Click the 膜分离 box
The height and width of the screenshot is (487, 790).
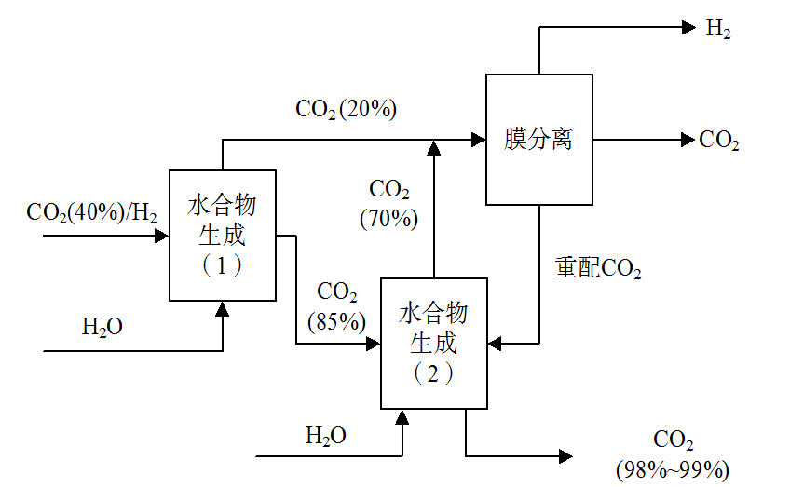coord(539,140)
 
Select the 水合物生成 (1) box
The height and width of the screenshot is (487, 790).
coord(222,235)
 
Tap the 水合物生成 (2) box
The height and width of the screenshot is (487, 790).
coord(434,343)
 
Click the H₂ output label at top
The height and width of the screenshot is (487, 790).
coord(717,28)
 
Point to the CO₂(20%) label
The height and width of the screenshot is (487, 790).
coord(347,109)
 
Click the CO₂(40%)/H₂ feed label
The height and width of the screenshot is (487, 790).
coord(91,212)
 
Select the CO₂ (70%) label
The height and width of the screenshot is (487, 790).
coord(389,204)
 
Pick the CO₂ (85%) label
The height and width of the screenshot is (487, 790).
coord(337,306)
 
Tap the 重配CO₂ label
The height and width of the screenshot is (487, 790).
coord(598,269)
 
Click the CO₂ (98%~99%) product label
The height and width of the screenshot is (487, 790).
coord(673,453)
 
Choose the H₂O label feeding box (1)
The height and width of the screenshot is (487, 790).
coord(102,327)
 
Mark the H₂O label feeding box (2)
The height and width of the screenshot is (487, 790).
coord(326,435)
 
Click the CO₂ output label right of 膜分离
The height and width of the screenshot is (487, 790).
coord(719,141)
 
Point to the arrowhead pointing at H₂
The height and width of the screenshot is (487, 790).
coord(689,28)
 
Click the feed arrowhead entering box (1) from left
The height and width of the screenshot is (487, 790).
coord(162,236)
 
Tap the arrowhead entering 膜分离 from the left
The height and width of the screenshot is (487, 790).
coord(480,140)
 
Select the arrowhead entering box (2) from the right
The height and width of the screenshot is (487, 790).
coord(495,343)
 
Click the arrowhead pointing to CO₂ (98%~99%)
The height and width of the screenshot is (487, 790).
coord(565,455)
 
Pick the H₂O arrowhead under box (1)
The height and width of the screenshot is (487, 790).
coord(222,308)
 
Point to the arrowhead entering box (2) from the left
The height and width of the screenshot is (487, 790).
coord(375,343)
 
